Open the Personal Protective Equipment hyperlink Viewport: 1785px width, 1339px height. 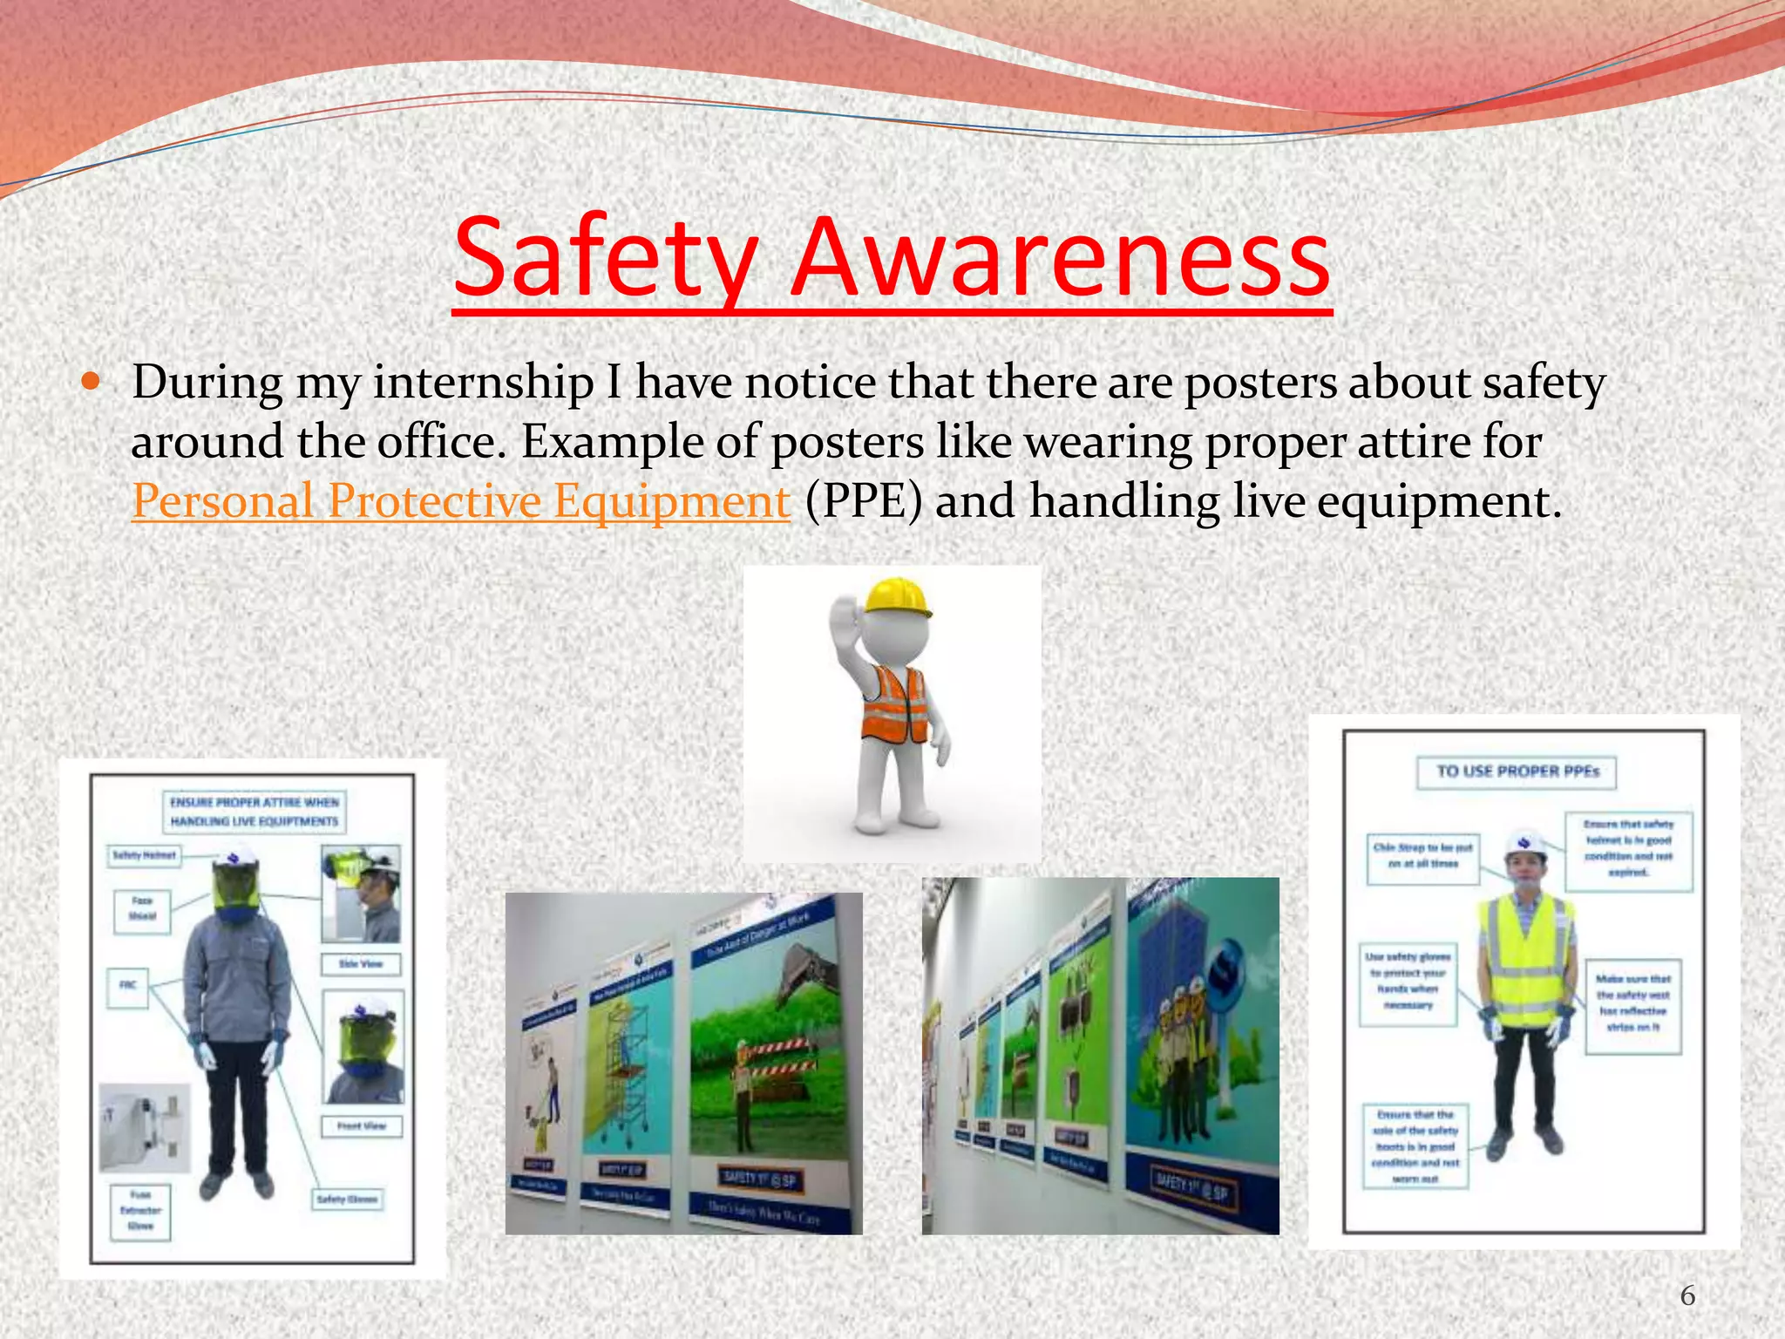(x=461, y=502)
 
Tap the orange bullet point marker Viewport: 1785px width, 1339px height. (x=91, y=382)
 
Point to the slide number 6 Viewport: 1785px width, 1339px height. (x=1687, y=1295)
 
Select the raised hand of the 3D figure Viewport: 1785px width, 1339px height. (x=844, y=622)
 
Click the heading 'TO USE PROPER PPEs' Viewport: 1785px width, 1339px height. (x=1517, y=771)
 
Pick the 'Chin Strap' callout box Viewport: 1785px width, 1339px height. (x=1422, y=855)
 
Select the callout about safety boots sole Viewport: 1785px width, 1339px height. (x=1415, y=1145)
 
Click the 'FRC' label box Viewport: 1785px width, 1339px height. (x=128, y=985)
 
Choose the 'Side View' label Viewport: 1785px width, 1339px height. (x=361, y=963)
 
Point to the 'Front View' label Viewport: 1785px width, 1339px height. (x=361, y=1125)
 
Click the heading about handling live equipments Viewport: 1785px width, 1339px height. (x=254, y=812)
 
